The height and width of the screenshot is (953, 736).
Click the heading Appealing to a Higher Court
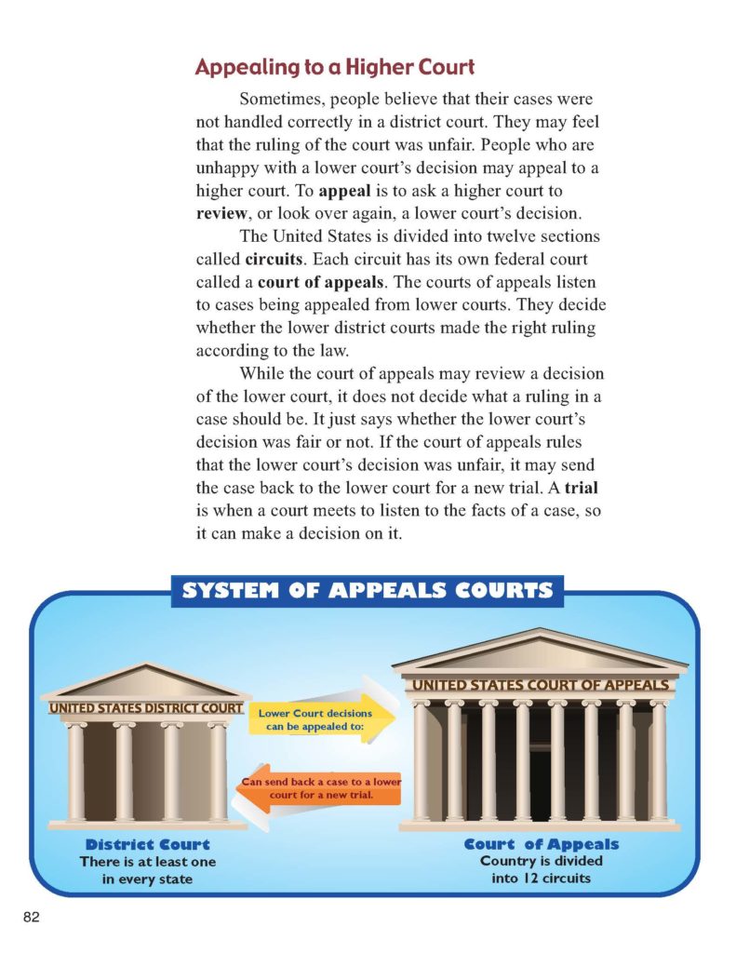(335, 67)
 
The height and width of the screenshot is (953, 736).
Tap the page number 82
(32, 918)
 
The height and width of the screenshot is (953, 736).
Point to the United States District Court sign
(146, 708)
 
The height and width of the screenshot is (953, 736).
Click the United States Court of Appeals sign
(541, 686)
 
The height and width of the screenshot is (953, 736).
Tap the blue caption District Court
(148, 845)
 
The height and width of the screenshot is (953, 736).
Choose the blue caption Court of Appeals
(541, 844)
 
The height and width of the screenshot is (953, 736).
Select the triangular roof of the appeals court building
(540, 651)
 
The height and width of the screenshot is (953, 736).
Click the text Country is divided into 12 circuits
(541, 869)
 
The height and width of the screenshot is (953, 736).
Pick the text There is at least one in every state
(148, 870)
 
